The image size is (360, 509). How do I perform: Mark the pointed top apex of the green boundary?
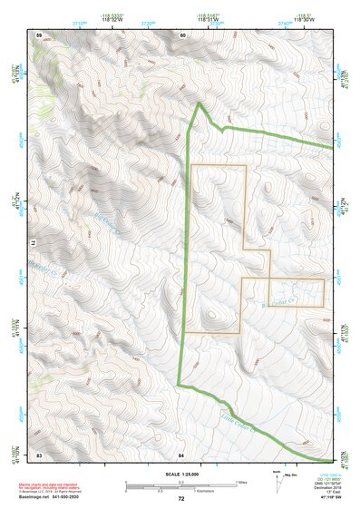point(200,104)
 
